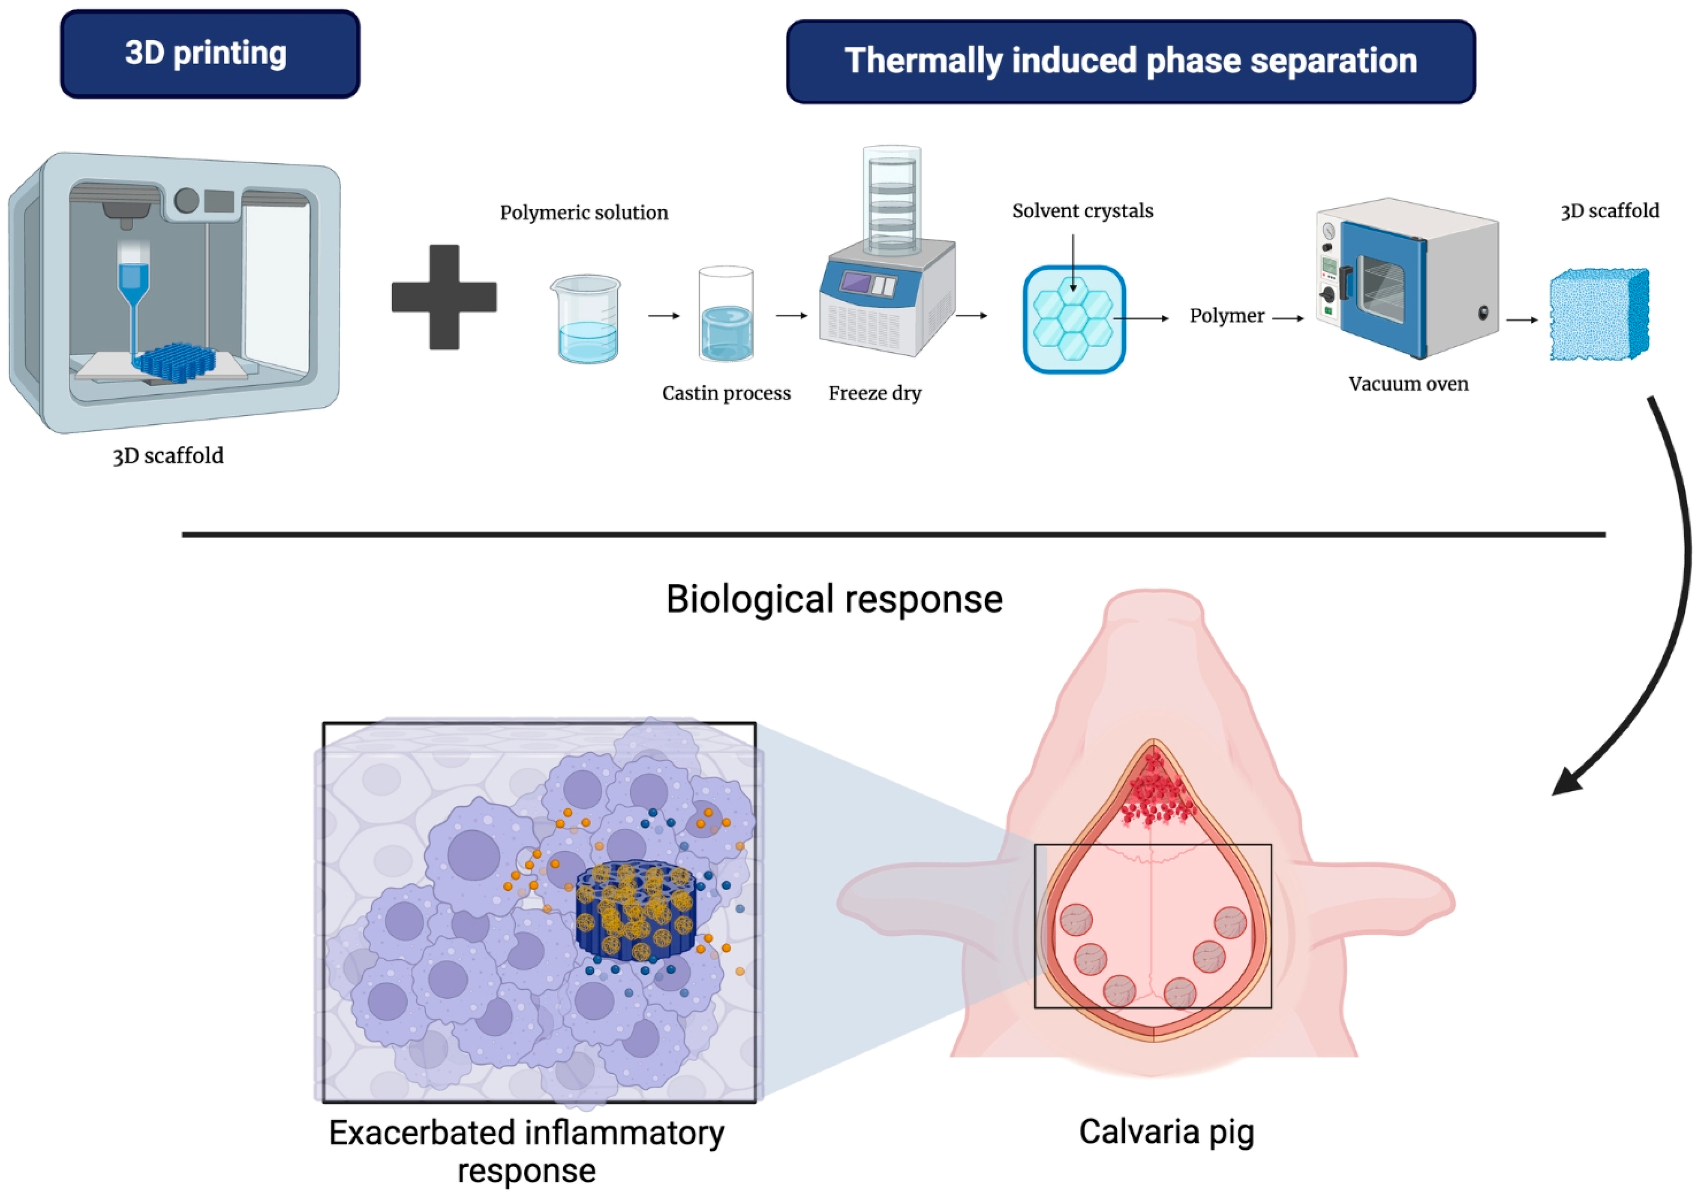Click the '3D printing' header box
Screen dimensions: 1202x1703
coord(210,53)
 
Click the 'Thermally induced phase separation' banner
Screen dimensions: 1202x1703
coord(1130,61)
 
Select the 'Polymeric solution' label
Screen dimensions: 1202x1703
coord(584,213)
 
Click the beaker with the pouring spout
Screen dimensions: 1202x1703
coord(586,319)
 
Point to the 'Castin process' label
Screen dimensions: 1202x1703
coord(726,393)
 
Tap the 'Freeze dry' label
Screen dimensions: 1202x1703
coord(874,393)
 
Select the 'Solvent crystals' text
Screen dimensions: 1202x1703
coord(1082,212)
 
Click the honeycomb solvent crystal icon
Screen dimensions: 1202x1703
coord(1074,319)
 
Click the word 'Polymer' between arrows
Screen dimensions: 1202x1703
coord(1226,316)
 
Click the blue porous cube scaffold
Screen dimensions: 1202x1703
coord(1599,315)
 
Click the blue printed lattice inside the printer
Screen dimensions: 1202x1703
coord(176,362)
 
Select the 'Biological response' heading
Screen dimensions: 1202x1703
coord(834,599)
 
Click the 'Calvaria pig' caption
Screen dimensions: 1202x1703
coord(1166,1132)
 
